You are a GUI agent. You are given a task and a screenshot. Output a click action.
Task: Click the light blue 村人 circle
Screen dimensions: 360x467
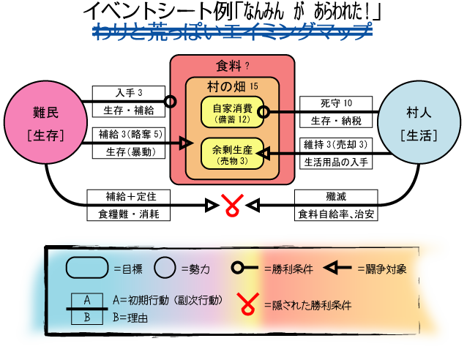[419, 122]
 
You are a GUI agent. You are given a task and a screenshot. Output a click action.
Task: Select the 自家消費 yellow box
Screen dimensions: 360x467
[232, 112]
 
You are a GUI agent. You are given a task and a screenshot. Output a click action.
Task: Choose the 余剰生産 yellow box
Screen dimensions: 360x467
[232, 154]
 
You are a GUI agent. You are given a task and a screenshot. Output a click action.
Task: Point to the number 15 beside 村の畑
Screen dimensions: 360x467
[254, 86]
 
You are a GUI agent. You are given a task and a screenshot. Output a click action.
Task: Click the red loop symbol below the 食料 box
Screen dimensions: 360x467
[232, 205]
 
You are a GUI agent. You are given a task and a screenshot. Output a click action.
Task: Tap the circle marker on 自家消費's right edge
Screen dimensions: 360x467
[264, 112]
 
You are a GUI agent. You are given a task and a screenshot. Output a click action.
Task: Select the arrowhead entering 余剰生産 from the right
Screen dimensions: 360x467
[264, 154]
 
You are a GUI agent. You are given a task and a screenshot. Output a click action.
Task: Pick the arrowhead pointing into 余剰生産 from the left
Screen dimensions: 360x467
[185, 143]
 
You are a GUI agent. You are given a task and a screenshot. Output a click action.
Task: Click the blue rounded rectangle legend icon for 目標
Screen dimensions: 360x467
[87, 268]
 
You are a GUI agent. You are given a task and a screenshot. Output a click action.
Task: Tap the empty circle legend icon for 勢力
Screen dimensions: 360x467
[165, 268]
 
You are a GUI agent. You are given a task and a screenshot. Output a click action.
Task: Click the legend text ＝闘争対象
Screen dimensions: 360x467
[381, 269]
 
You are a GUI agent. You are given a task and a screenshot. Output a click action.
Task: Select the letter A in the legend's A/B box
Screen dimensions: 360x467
[87, 300]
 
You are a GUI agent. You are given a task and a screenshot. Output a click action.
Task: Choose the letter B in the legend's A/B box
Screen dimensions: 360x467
[87, 317]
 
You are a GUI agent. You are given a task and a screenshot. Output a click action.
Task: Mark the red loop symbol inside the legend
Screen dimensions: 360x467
[250, 304]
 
